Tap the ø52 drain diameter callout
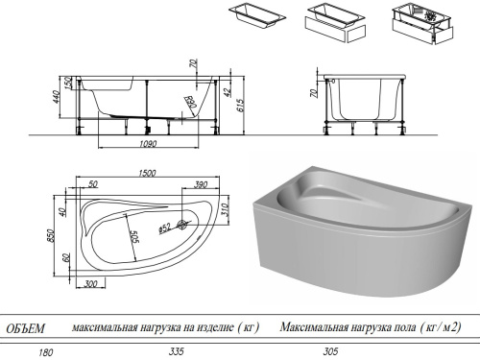(x=164, y=227)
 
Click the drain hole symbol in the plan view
(x=180, y=228)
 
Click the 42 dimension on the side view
(x=228, y=92)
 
